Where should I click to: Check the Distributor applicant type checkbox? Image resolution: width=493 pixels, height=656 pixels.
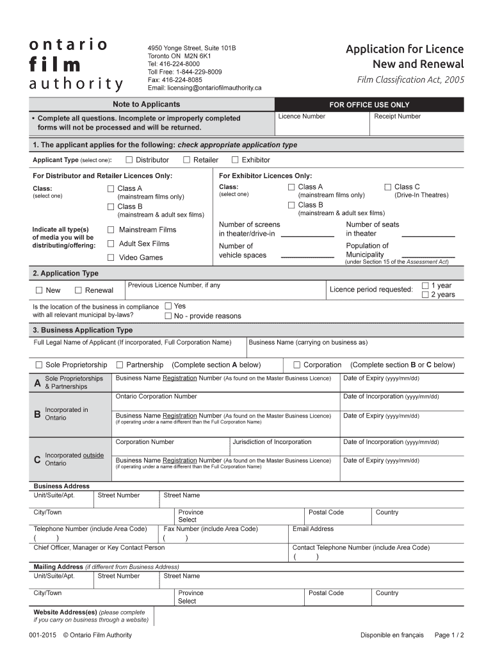click(x=129, y=160)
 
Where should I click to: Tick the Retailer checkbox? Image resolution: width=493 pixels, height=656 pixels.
click(x=186, y=160)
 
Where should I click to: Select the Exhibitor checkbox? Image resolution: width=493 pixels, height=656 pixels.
click(x=235, y=160)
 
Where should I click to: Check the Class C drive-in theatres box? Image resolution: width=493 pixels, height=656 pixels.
click(x=387, y=187)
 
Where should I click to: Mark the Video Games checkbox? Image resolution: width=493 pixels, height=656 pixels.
click(x=111, y=258)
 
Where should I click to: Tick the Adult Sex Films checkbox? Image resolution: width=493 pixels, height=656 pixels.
click(x=111, y=243)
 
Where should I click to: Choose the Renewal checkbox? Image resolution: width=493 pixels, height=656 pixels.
click(x=78, y=290)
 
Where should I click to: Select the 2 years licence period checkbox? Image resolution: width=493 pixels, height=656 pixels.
click(x=425, y=295)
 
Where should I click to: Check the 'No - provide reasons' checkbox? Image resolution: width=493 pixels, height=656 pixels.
click(x=168, y=316)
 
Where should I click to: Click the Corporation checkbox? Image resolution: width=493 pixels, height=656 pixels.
click(x=296, y=365)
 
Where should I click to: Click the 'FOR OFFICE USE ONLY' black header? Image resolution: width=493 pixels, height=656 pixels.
click(x=369, y=105)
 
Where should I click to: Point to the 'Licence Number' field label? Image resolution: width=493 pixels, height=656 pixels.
click(x=302, y=117)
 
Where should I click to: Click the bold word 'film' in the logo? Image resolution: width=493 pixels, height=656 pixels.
click(x=54, y=65)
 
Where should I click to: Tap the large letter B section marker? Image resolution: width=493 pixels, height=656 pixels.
click(x=36, y=414)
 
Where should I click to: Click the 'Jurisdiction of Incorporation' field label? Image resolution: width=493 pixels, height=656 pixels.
click(x=271, y=442)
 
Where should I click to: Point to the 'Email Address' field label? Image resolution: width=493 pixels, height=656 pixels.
click(x=312, y=529)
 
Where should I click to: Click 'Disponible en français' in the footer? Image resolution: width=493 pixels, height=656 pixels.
click(x=392, y=635)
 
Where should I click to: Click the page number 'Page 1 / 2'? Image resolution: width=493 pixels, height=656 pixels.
click(x=449, y=635)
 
